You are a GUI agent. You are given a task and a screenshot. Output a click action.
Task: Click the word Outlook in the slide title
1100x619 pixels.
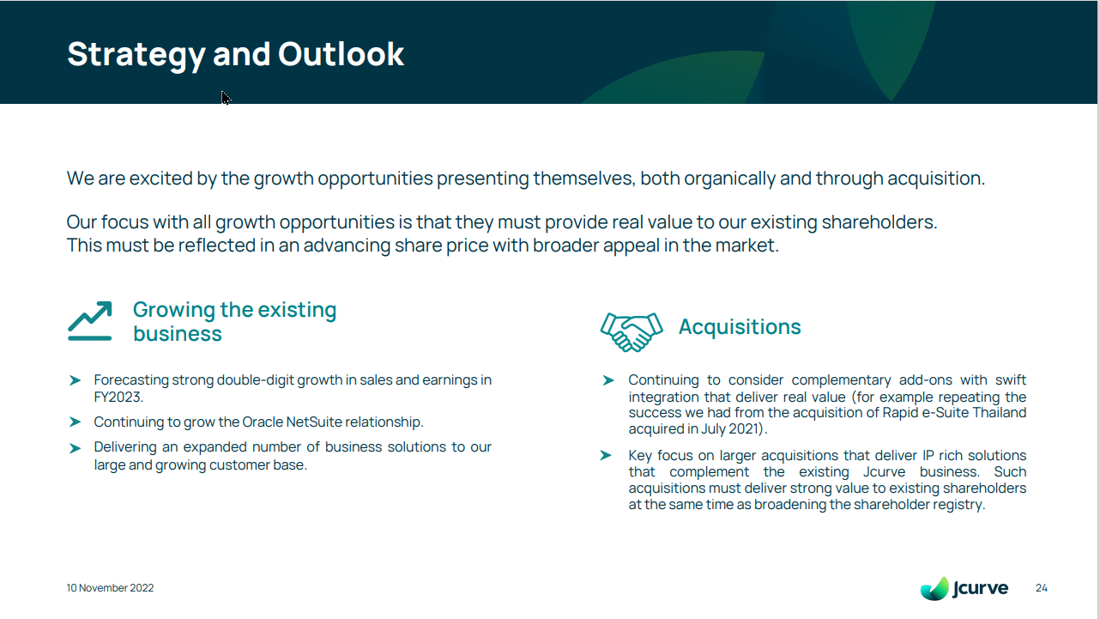coord(341,53)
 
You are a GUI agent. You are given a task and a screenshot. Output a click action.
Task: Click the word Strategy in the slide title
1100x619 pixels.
coord(136,56)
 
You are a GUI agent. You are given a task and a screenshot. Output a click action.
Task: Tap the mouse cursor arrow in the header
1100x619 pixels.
coord(226,98)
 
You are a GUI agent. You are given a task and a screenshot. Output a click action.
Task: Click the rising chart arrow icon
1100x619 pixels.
coord(90,321)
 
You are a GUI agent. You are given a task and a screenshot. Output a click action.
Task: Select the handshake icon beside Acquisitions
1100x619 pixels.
coord(632,332)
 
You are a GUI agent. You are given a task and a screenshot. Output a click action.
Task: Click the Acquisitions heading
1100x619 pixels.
coord(740,327)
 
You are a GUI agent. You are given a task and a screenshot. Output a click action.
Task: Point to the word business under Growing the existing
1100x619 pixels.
coord(178,334)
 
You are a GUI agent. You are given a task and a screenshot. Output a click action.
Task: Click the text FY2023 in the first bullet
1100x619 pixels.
coord(118,397)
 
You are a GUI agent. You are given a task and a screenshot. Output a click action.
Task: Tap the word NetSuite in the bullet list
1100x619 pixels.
coord(314,422)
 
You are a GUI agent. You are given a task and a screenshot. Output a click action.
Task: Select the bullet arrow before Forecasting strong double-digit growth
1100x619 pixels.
coord(76,380)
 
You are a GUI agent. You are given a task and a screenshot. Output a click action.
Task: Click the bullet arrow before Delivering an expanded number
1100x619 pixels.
coord(76,448)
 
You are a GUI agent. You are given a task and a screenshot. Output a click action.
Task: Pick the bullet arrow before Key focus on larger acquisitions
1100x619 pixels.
coord(606,455)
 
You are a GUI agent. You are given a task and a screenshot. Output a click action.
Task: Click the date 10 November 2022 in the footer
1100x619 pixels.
coord(110,588)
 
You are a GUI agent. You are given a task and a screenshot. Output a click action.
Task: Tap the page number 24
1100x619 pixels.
coord(1042,588)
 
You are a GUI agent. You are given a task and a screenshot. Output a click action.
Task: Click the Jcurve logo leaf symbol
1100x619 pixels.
coord(934,589)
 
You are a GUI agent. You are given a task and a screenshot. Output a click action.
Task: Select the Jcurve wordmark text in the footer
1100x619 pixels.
coord(980,588)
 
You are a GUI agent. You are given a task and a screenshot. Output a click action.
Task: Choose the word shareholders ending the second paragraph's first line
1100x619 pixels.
coord(879,222)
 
